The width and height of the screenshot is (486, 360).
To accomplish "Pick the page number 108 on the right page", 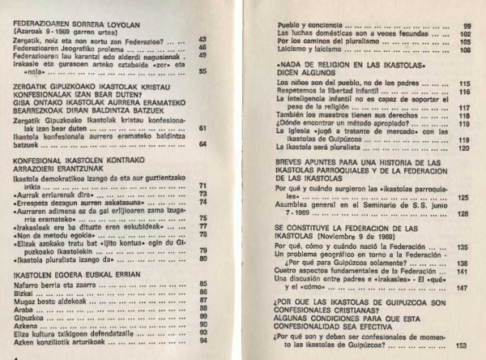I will [x=464, y=49].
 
